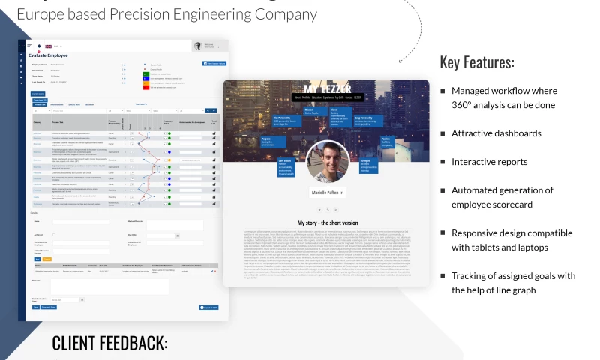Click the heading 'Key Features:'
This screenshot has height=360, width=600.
[477, 62]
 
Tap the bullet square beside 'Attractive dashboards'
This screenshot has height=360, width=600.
[442, 133]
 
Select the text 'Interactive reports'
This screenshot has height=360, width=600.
[489, 161]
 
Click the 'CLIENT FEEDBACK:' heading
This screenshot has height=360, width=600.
[109, 343]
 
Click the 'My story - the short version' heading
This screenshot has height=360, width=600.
[327, 223]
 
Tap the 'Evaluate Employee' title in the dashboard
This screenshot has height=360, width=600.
[48, 55]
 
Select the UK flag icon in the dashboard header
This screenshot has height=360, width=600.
[49, 46]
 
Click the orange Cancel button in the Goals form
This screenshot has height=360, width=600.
[46, 259]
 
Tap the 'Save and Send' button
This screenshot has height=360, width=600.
[48, 307]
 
